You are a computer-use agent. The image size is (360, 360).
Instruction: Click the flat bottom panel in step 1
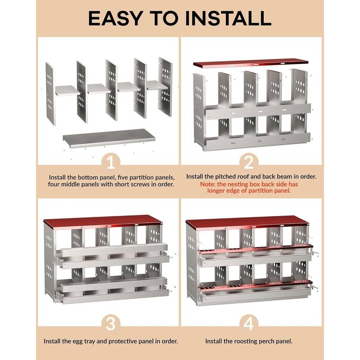click(109, 138)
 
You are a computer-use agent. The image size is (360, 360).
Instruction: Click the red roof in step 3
click(103, 221)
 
